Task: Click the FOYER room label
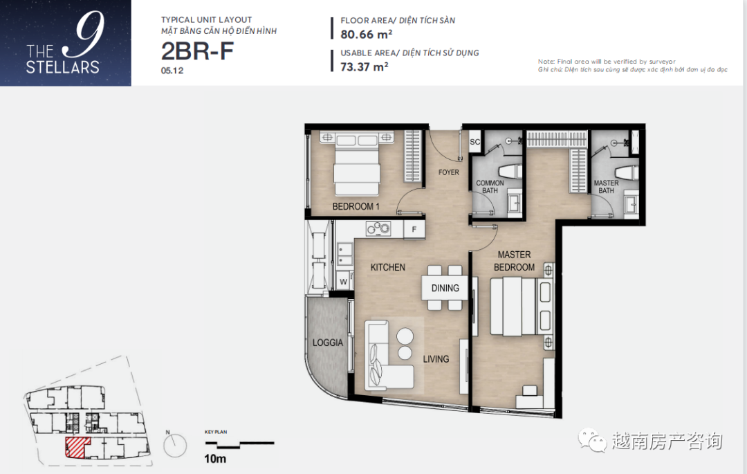point(449,172)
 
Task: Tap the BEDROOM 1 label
point(356,206)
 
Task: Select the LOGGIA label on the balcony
point(328,343)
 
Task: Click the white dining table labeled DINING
point(445,288)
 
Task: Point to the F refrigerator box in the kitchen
point(414,229)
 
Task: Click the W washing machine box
point(344,281)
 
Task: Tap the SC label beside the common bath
point(475,141)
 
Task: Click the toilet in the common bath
point(510,172)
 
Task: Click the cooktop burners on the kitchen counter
point(378,229)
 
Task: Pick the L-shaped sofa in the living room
point(388,356)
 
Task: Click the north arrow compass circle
point(175,446)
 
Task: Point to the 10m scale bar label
point(215,459)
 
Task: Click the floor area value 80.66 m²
point(367,35)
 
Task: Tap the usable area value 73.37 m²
point(364,66)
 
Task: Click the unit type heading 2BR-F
point(197,51)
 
